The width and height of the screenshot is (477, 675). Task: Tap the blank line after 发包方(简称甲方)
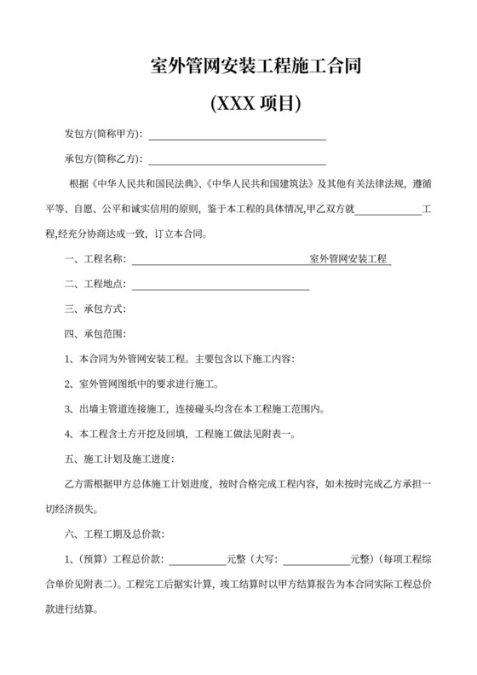pos(238,136)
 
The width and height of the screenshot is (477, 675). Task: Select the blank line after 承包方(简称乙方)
pos(238,161)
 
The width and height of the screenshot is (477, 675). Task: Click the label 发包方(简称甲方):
pos(104,135)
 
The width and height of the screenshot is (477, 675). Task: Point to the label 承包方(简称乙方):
pos(104,159)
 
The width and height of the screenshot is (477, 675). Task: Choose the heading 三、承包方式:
pos(95,309)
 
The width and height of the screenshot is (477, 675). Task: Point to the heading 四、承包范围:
pos(95,334)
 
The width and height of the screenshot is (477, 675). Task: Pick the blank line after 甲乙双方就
pos(388,211)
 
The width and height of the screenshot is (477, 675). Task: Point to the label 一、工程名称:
pos(95,258)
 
